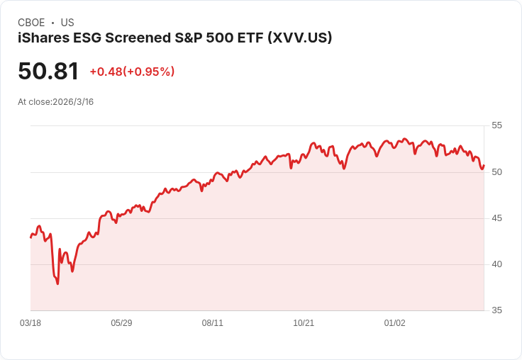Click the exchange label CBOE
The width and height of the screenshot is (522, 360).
(31, 23)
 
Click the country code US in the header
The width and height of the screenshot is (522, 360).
(67, 23)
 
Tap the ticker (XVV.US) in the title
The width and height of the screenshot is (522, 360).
(299, 38)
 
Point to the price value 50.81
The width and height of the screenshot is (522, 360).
(48, 71)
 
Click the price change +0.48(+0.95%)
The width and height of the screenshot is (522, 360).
(132, 72)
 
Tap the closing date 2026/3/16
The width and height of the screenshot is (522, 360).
(73, 102)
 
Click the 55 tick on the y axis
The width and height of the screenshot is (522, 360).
(497, 125)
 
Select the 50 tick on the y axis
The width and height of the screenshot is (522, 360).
(497, 172)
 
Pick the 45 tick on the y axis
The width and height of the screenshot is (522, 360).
(497, 218)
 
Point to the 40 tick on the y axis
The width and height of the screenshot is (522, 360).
(497, 264)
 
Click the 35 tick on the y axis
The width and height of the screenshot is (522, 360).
(497, 310)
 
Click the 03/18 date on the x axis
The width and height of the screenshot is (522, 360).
(30, 323)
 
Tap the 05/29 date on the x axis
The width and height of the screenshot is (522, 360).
(121, 323)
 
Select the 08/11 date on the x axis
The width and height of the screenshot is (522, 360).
(213, 323)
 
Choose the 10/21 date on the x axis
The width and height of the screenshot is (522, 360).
(304, 323)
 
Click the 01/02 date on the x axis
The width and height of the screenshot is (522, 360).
(395, 323)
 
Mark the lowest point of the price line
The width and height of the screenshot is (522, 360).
(57, 283)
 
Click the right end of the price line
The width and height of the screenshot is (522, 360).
(484, 167)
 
